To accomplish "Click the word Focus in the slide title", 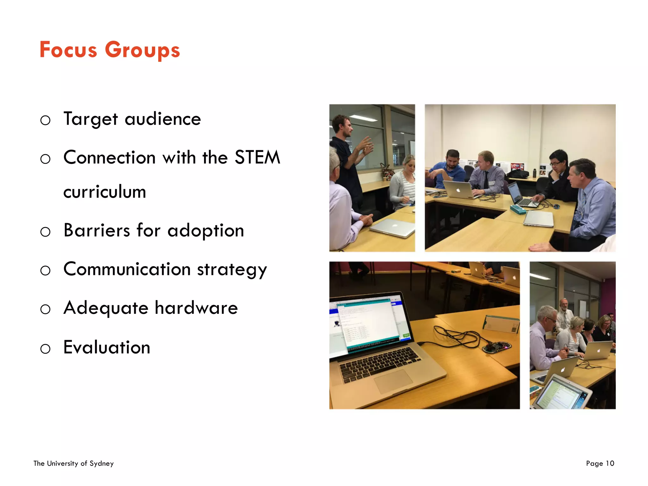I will point(68,50).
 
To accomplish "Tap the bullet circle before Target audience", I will point(45,120).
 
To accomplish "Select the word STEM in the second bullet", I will point(257,157).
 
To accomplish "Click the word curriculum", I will point(104,192).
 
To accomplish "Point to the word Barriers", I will point(97,230).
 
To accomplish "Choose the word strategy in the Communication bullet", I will point(232,270).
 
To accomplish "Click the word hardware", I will point(196,308).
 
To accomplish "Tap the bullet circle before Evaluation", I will point(45,349).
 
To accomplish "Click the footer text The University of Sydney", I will point(73,464).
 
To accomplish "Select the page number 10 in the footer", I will point(610,464).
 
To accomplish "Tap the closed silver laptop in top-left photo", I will point(392,228).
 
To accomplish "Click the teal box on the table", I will point(518,209).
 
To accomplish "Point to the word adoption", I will point(206,231).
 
